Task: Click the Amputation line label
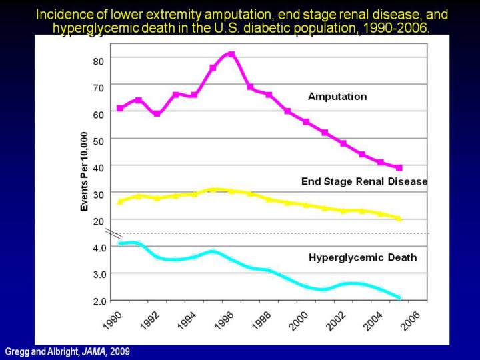[337, 97]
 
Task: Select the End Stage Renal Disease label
[364, 181]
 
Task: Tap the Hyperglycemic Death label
[363, 257]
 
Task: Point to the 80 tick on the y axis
[98, 61]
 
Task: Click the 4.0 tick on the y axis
[99, 247]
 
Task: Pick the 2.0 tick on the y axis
[99, 301]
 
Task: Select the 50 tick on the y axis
[98, 141]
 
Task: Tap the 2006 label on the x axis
[409, 319]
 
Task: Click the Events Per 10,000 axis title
[85, 172]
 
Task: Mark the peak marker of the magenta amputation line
[231, 54]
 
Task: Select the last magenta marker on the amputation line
[399, 167]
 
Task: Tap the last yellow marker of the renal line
[399, 218]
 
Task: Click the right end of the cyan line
[399, 297]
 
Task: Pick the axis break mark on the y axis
[114, 233]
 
